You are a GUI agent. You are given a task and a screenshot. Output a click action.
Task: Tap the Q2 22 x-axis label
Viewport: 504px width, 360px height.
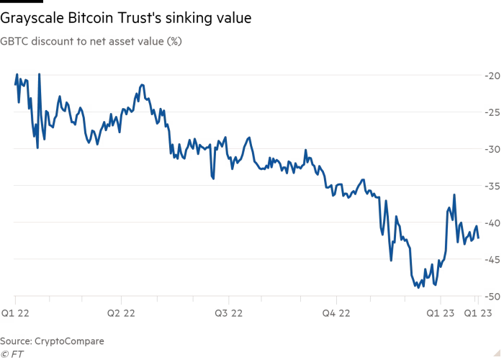(122, 313)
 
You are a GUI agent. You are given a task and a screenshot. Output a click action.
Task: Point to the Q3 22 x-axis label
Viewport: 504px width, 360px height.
(228, 313)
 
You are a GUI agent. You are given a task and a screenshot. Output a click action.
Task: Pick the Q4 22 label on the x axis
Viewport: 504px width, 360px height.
(336, 313)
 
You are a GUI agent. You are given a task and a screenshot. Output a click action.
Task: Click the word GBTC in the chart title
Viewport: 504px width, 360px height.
(14, 42)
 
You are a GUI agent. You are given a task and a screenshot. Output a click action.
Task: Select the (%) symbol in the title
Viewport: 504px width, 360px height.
(174, 42)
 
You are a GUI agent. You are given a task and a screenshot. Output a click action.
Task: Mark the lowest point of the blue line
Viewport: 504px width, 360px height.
(416, 287)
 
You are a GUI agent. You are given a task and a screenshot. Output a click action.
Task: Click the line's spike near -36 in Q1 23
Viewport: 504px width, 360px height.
(454, 194)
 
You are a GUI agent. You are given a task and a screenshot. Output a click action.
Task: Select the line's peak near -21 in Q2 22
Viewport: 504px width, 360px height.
(143, 85)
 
